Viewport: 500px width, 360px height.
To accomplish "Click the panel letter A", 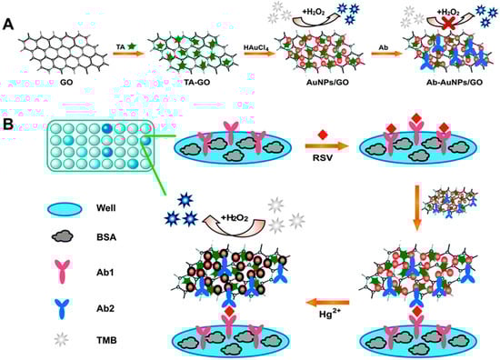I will (x=8, y=10).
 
